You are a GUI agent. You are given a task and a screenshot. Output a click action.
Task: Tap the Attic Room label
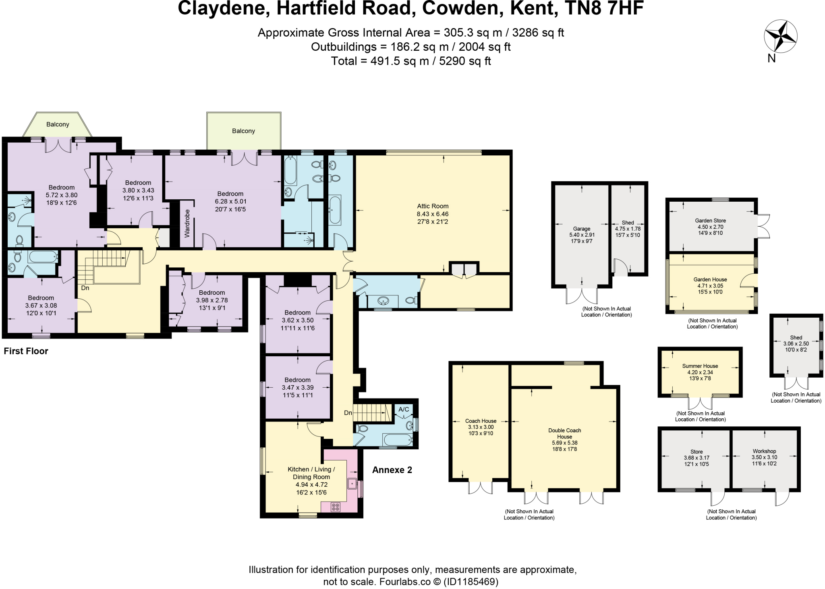point(433,206)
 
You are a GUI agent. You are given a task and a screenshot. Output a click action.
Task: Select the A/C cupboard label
point(404,409)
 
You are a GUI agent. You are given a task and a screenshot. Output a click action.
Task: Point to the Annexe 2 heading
point(392,470)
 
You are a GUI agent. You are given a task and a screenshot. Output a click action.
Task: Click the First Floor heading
point(26,351)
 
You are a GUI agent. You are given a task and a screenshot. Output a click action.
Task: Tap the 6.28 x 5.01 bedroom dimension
point(230,201)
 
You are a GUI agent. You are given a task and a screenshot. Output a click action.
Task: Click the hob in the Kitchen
point(336,507)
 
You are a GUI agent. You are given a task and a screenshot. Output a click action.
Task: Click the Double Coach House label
point(564,433)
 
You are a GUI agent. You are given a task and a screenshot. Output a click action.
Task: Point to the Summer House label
point(700,366)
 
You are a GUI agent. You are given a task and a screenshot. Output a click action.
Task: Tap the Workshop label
point(764,451)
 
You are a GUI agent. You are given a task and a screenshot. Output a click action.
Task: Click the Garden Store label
point(710,221)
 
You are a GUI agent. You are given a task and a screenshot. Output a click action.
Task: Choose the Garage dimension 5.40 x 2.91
point(582,235)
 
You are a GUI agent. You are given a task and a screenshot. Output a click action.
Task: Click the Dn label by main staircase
point(85,288)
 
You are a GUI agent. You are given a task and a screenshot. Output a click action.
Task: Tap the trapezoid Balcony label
point(58,124)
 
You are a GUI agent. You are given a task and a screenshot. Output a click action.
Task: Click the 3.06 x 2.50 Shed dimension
point(796,344)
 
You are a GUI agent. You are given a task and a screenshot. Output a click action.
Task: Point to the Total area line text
point(410,61)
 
